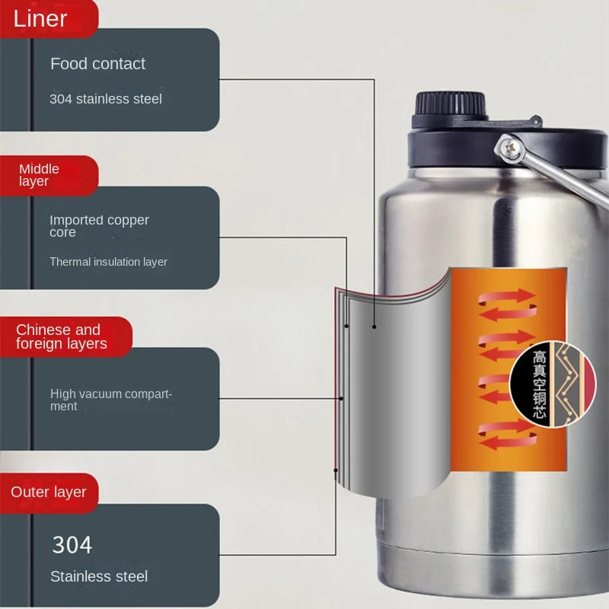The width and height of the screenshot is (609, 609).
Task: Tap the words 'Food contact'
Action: tap(97, 64)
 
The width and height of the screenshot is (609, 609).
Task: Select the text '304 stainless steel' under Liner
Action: tap(106, 99)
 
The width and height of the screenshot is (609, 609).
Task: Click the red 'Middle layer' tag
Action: tap(40, 174)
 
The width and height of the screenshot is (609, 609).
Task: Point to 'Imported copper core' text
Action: tap(99, 226)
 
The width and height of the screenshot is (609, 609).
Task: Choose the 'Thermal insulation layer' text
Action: tap(108, 262)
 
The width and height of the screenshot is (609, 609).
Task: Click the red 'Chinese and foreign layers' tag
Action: tap(61, 336)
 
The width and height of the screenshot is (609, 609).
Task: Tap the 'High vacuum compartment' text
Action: tap(111, 400)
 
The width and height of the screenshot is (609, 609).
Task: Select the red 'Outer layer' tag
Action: tap(49, 492)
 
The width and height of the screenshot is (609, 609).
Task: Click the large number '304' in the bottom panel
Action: tap(72, 545)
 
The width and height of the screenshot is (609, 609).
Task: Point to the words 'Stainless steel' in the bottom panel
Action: tap(99, 576)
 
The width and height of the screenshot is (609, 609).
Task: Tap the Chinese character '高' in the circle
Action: tap(539, 356)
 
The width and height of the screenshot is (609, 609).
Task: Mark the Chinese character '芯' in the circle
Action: tap(539, 413)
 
